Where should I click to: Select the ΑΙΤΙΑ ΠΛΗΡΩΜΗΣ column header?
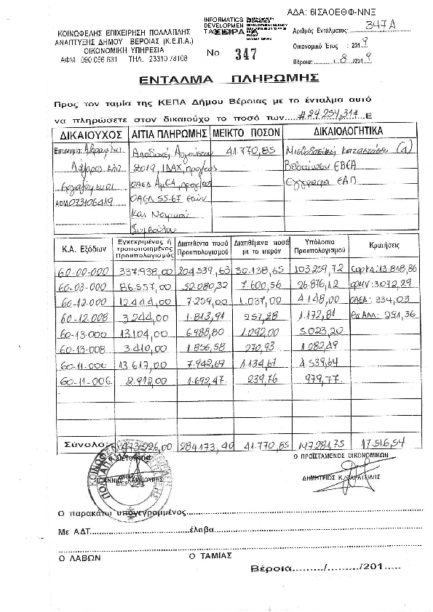tap(169, 135)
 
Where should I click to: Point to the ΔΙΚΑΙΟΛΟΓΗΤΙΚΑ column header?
tap(350, 134)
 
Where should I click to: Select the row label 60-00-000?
tap(79, 270)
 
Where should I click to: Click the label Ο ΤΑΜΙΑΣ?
tap(210, 555)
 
